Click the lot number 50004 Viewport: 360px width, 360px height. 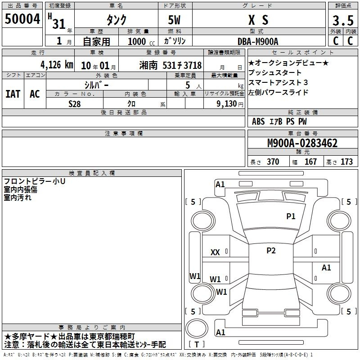(22, 19)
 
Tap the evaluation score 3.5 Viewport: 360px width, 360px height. (343, 20)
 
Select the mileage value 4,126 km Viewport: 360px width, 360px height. (57, 65)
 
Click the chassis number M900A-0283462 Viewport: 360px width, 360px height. (302, 143)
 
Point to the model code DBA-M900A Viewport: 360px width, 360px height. (258, 41)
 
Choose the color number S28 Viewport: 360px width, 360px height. (75, 104)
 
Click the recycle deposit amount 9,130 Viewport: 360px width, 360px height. (226, 104)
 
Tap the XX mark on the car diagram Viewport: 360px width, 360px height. (215, 252)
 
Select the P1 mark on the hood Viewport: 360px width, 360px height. (291, 216)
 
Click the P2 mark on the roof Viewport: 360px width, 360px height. (271, 251)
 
